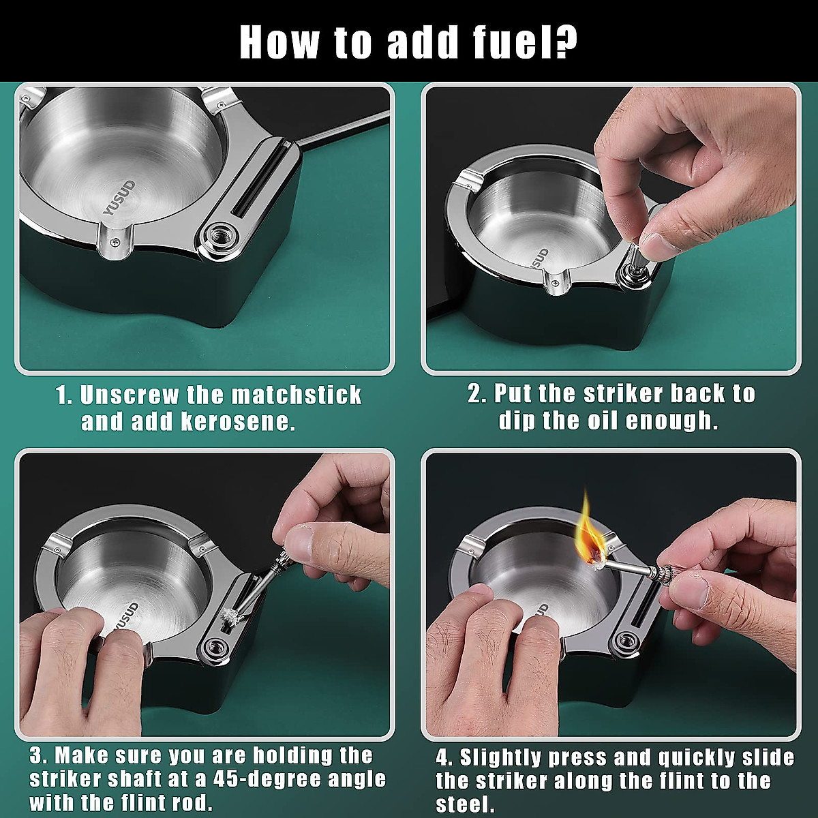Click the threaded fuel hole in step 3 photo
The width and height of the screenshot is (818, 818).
pyautogui.click(x=215, y=648)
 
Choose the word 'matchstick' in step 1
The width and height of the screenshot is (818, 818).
pyautogui.click(x=296, y=395)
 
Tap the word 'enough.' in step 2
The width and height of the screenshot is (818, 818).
pyautogui.click(x=672, y=421)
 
